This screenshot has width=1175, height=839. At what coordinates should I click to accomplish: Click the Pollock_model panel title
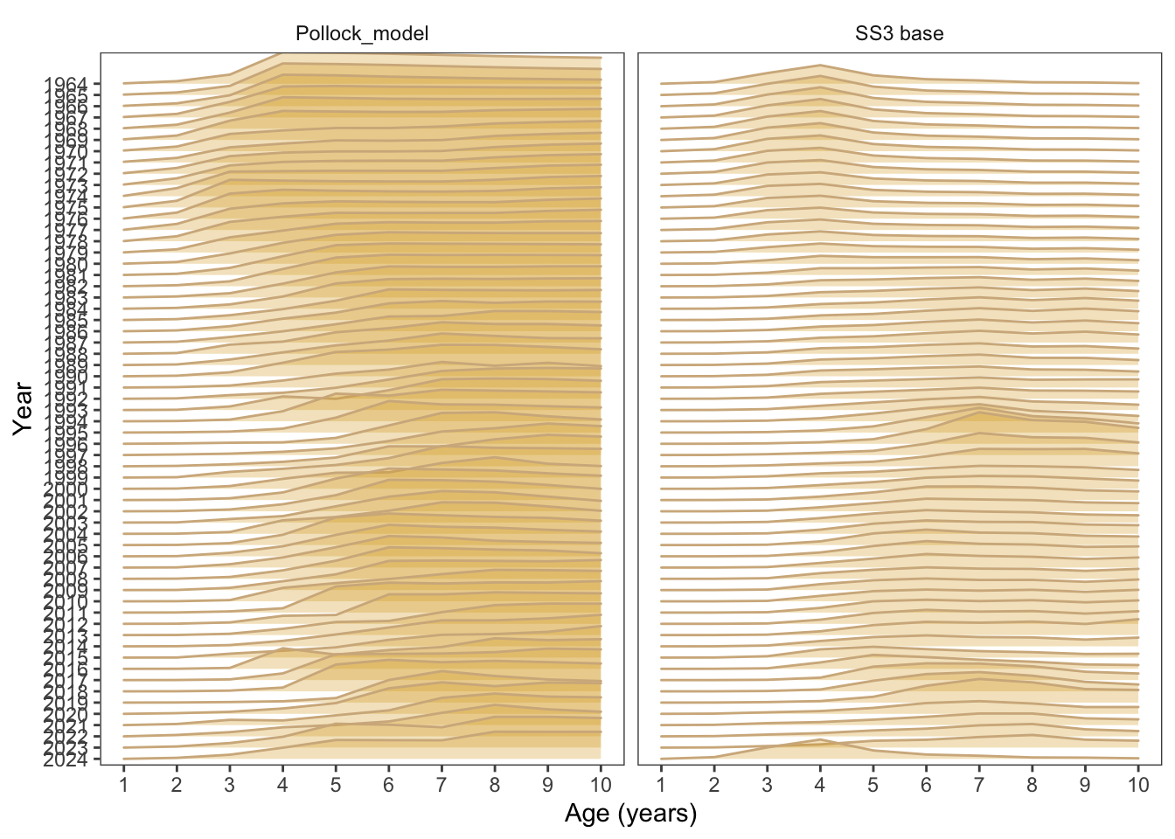362,34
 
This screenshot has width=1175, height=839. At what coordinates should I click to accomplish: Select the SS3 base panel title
899,34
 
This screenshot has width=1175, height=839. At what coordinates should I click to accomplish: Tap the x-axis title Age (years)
630,814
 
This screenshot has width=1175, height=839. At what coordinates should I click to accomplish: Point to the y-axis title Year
24,408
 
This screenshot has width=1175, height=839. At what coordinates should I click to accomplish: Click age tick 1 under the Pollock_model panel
124,785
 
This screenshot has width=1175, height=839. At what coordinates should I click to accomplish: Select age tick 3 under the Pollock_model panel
230,785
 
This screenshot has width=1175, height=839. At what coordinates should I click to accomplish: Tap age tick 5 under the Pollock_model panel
336,785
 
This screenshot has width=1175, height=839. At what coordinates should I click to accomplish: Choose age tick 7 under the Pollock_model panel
441,785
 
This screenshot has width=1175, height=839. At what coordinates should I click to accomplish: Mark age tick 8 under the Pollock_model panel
495,785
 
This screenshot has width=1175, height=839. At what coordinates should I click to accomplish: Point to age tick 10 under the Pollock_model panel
601,785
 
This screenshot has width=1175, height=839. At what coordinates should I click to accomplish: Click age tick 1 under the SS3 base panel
661,785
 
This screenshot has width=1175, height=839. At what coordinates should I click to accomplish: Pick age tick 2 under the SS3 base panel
714,785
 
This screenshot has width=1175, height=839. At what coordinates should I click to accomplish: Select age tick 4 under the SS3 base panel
820,785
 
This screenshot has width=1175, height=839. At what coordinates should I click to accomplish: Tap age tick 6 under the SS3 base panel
926,785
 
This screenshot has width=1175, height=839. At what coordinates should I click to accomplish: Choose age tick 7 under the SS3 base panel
979,785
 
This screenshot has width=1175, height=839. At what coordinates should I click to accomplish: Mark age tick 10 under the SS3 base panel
1137,785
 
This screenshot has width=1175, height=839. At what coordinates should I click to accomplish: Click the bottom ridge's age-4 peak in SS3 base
820,739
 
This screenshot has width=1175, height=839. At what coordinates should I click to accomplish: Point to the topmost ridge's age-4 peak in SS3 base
820,65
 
